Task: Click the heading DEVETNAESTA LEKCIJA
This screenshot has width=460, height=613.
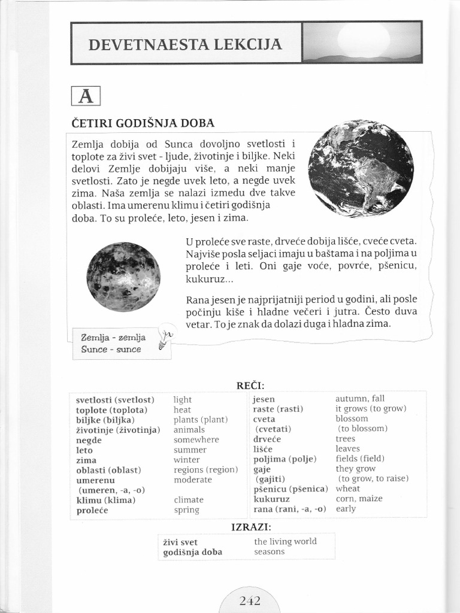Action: pyautogui.click(x=185, y=44)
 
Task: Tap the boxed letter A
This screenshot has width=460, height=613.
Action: pyautogui.click(x=85, y=96)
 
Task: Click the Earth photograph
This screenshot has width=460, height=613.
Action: pyautogui.click(x=361, y=168)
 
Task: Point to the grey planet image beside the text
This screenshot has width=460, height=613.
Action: pyautogui.click(x=123, y=277)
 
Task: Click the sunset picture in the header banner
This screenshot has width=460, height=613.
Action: pyautogui.click(x=362, y=42)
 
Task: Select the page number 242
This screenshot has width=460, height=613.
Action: pyautogui.click(x=249, y=600)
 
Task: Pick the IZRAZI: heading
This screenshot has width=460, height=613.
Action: pyautogui.click(x=251, y=527)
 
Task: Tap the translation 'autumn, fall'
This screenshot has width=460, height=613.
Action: pyautogui.click(x=360, y=399)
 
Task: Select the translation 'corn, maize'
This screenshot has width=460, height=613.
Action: pyautogui.click(x=359, y=499)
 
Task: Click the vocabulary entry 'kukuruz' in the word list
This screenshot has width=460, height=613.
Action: pyautogui.click(x=271, y=499)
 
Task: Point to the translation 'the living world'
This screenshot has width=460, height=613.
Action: pyautogui.click(x=285, y=541)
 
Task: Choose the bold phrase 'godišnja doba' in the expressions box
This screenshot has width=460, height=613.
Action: pyautogui.click(x=192, y=552)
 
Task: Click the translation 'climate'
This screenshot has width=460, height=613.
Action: pyautogui.click(x=189, y=500)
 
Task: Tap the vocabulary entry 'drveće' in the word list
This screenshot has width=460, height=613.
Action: pyautogui.click(x=267, y=439)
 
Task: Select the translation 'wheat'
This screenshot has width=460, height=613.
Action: pyautogui.click(x=348, y=488)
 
